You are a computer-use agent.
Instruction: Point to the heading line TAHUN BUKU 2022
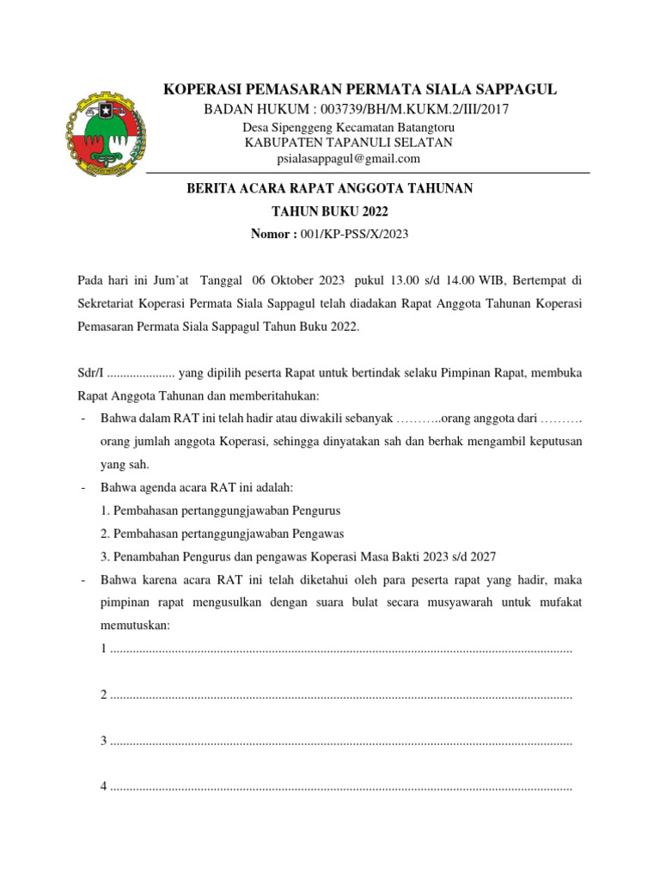coord(330,211)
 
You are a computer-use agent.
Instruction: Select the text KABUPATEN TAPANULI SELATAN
coord(348,143)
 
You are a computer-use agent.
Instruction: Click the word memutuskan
coord(136,626)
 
